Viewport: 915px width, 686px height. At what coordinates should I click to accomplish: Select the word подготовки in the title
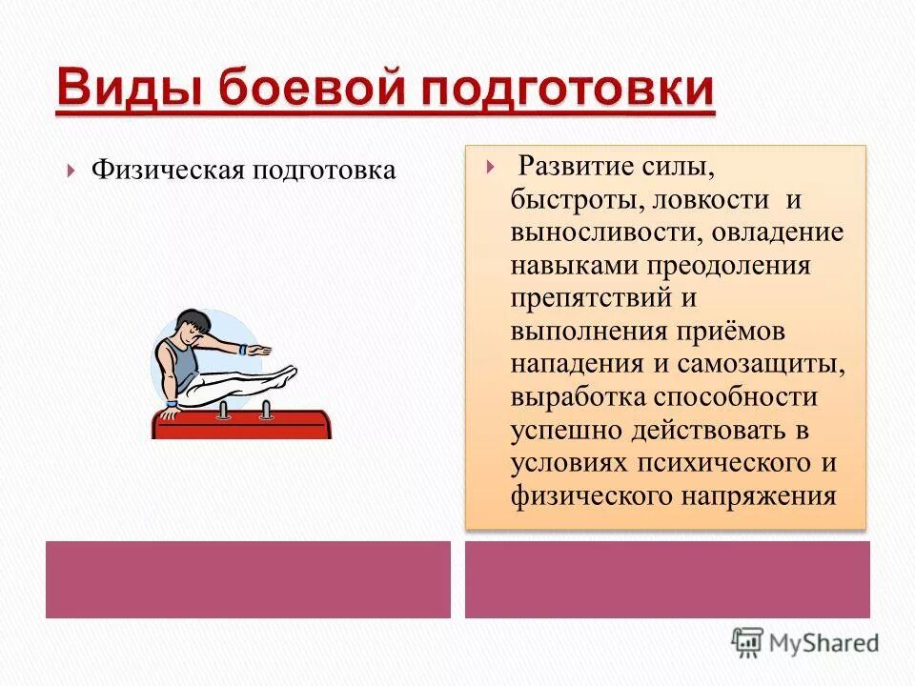click(x=564, y=90)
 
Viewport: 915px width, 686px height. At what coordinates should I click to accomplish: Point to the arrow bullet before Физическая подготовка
click(x=72, y=171)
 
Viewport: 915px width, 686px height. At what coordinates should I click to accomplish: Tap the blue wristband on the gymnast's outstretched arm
click(x=246, y=350)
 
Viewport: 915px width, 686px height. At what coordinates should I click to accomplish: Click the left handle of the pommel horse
click(x=223, y=410)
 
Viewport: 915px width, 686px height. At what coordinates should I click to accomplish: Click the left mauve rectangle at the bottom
click(x=248, y=579)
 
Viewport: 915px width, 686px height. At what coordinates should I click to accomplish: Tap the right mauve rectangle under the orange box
click(x=667, y=579)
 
